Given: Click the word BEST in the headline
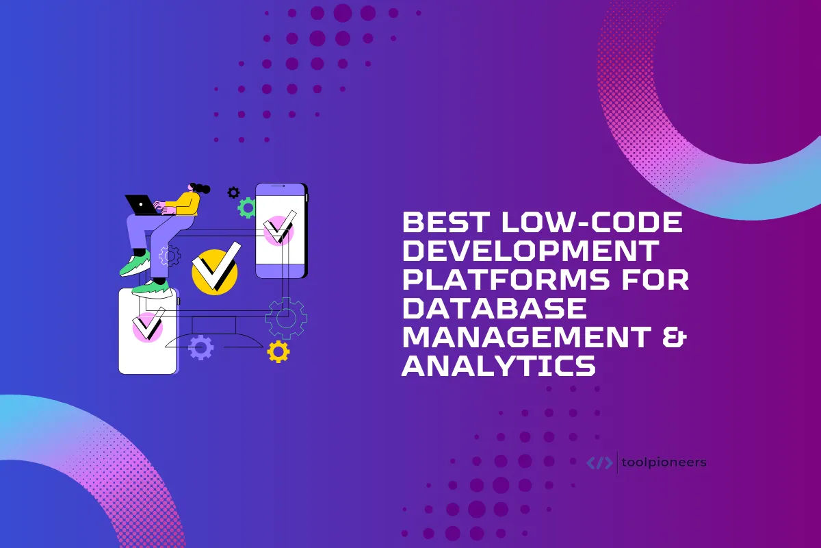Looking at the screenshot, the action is (446, 222).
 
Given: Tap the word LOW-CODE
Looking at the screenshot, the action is (592, 222).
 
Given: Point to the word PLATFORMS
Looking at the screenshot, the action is (506, 279).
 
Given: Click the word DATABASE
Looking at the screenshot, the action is (495, 308).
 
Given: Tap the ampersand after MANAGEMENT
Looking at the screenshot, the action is (675, 337).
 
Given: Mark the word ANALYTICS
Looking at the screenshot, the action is (499, 366).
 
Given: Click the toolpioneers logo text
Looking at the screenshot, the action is (664, 462).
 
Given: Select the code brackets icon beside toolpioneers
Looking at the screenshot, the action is (599, 462).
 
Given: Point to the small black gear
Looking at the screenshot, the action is (233, 192).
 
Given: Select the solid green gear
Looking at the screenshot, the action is (247, 208).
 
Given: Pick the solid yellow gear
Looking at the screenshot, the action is (278, 351).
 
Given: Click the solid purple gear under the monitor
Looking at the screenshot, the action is (200, 347).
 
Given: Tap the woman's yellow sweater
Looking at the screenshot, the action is (186, 204).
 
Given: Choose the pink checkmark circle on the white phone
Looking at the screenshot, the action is (147, 327).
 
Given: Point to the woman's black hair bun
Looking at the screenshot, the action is (203, 188).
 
